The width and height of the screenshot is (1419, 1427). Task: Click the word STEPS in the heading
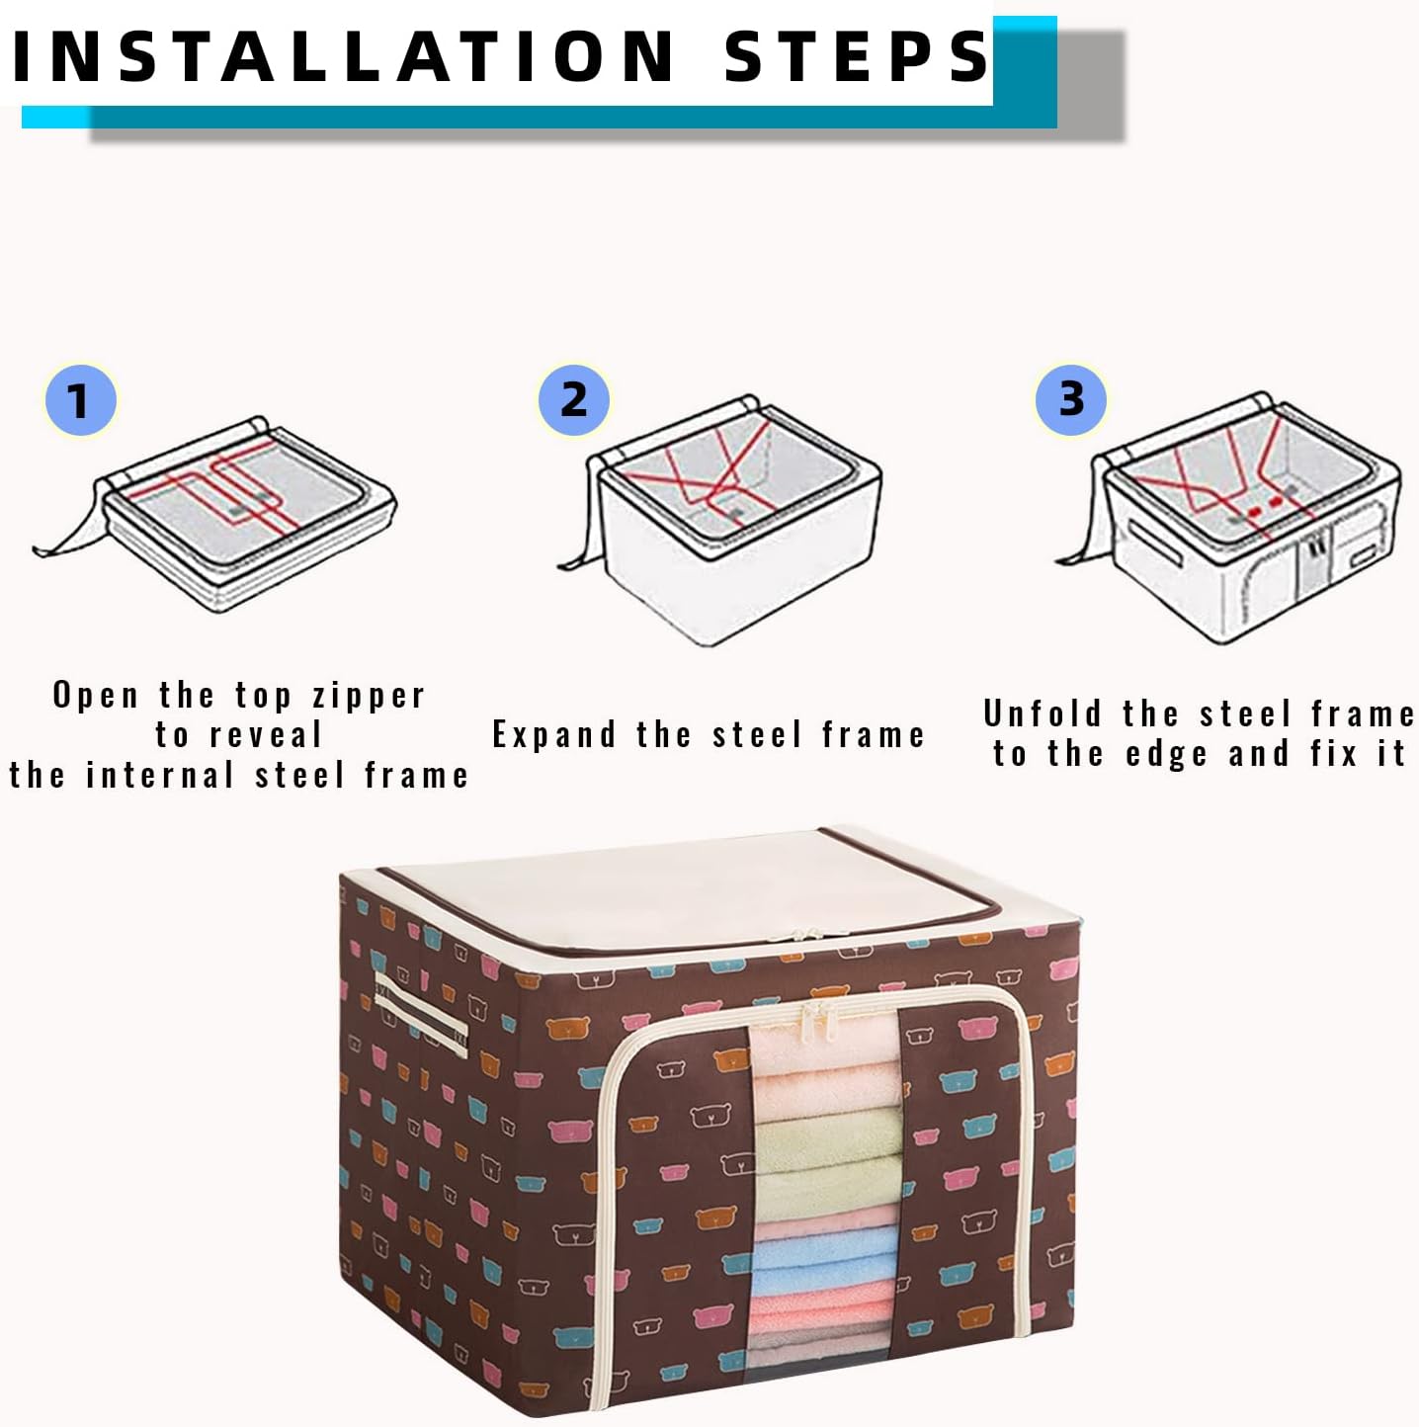tap(856, 55)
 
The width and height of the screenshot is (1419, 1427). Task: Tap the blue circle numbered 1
tap(80, 400)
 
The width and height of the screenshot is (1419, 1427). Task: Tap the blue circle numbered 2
tap(574, 399)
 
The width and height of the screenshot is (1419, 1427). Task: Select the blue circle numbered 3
tap(1071, 399)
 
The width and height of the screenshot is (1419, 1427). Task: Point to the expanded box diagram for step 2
tap(731, 524)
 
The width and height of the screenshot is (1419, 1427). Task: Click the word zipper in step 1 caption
tap(369, 696)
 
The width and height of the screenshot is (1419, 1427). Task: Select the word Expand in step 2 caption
tap(554, 734)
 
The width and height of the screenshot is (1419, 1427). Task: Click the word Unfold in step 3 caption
tap(1042, 713)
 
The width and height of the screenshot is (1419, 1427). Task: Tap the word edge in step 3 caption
tap(1166, 754)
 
